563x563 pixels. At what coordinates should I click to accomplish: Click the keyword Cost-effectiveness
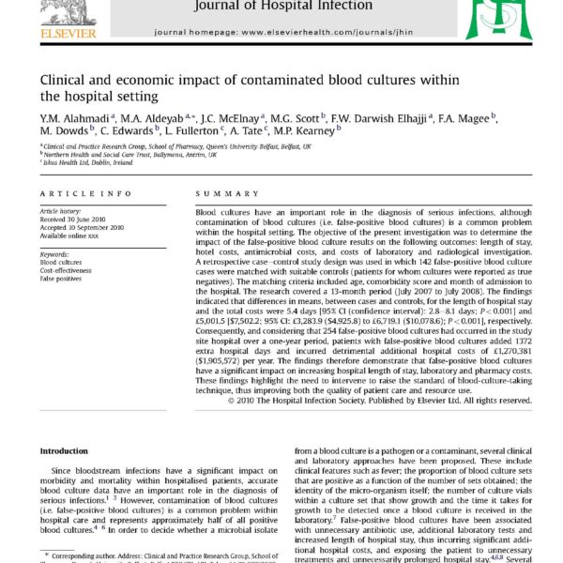(x=67, y=270)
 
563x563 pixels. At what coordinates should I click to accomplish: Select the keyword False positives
(x=63, y=279)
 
